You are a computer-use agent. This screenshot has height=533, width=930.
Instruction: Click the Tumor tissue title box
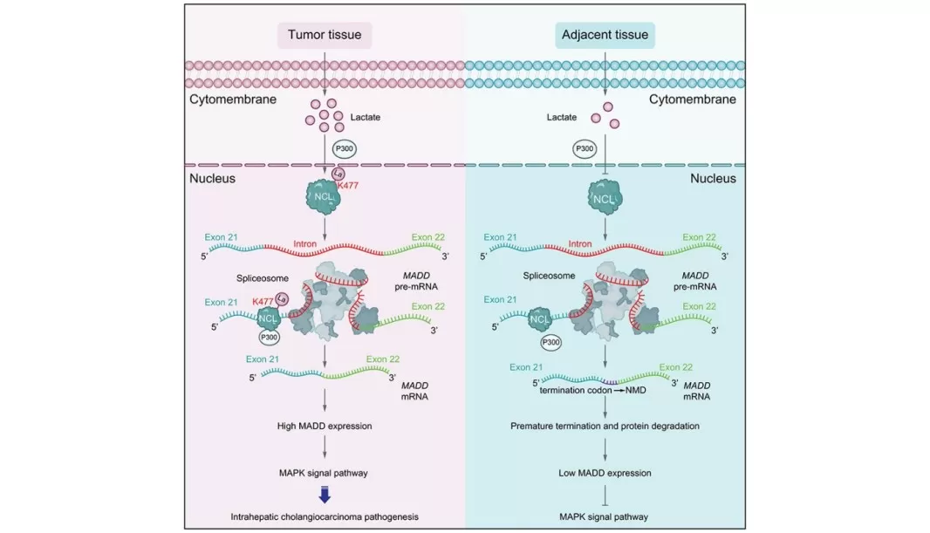click(x=325, y=36)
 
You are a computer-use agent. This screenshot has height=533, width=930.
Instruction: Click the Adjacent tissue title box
click(x=605, y=36)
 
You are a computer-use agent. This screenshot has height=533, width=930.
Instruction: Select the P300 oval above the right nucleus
click(x=585, y=149)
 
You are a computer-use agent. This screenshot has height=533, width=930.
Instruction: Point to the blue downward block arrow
click(x=325, y=495)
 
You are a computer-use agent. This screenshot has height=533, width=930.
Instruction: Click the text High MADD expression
click(x=325, y=427)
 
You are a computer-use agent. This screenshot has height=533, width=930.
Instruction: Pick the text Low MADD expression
click(x=605, y=473)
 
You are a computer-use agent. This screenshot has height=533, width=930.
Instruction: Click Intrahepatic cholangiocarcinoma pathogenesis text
click(x=325, y=517)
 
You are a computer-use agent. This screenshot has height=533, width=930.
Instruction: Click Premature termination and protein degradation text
click(x=605, y=427)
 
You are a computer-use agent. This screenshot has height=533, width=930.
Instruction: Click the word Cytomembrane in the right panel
click(x=693, y=99)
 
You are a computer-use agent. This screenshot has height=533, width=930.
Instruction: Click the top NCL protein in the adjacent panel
click(x=605, y=200)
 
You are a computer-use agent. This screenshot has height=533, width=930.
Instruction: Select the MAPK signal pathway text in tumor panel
click(x=325, y=473)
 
